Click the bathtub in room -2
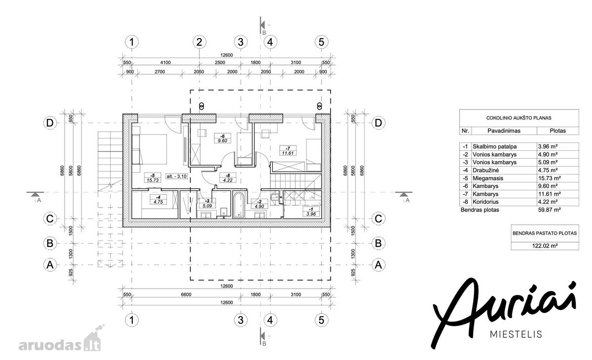[239, 205]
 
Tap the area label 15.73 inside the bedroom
[153, 180]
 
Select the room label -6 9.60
[222, 139]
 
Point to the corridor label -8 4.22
[228, 178]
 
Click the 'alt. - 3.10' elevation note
[177, 176]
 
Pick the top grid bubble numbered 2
[199, 42]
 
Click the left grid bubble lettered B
[50, 243]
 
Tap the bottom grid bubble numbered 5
[321, 320]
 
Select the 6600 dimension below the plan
[186, 294]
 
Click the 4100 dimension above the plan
[165, 63]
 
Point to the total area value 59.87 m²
[550, 210]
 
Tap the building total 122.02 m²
[545, 246]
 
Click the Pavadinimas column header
[504, 131]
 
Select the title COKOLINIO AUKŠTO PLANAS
[519, 118]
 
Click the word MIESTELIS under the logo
[516, 334]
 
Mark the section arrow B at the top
[262, 25]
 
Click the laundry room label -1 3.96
[311, 212]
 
